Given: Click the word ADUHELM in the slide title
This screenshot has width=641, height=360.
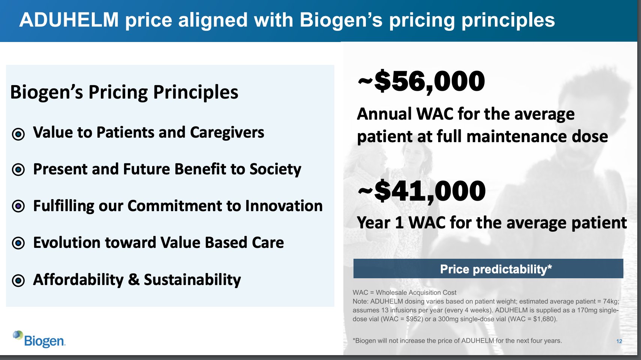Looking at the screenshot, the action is pyautogui.click(x=69, y=20).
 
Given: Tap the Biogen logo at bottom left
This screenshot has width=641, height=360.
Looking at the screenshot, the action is pyautogui.click(x=39, y=339).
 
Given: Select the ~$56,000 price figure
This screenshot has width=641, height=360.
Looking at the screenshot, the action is pyautogui.click(x=421, y=81).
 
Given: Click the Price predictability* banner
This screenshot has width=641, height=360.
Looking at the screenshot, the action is pyautogui.click(x=488, y=269).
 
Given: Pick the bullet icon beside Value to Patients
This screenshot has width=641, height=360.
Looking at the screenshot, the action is pyautogui.click(x=18, y=133).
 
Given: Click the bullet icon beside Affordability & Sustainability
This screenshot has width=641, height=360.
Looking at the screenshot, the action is pyautogui.click(x=18, y=280).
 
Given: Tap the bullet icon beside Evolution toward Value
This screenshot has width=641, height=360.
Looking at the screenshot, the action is pyautogui.click(x=18, y=243).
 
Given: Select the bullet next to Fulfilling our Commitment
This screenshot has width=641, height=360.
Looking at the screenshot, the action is pyautogui.click(x=18, y=206).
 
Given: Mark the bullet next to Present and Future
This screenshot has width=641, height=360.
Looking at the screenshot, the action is pyautogui.click(x=18, y=170).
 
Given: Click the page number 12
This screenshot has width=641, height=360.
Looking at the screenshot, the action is pyautogui.click(x=619, y=341).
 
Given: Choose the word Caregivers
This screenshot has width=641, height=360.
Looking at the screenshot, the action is pyautogui.click(x=227, y=133).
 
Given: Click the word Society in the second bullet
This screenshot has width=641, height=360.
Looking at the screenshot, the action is pyautogui.click(x=275, y=169).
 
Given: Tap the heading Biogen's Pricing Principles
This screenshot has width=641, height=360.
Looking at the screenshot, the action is pyautogui.click(x=124, y=92).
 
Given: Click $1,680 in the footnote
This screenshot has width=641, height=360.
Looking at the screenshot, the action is pyautogui.click(x=544, y=319).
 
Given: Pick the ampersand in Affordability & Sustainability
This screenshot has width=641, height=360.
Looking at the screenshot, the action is pyautogui.click(x=134, y=279).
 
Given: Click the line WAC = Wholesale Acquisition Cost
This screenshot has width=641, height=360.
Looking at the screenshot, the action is pyautogui.click(x=404, y=292).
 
